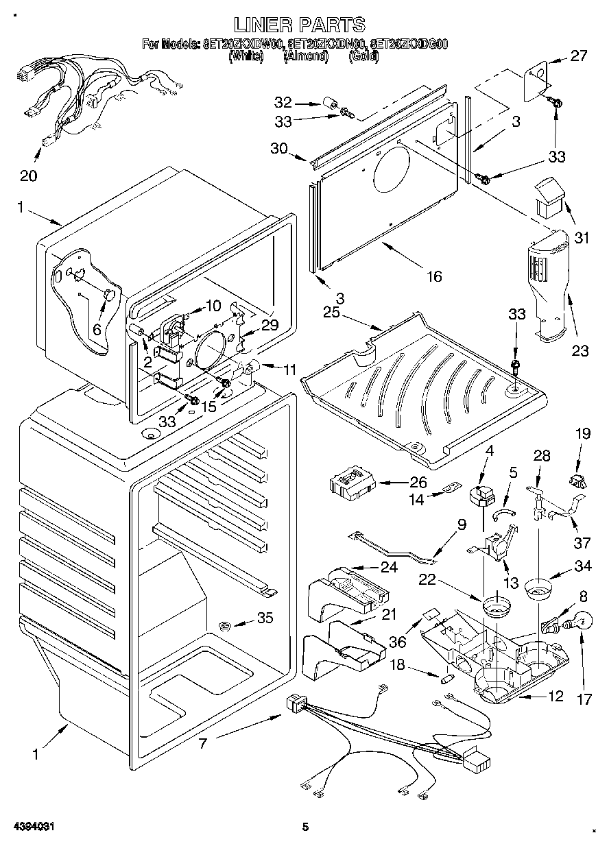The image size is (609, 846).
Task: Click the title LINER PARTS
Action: coord(299,25)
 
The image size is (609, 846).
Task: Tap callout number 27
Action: coord(579,56)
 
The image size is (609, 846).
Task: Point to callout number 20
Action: coord(28,176)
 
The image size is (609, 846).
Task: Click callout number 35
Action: coord(264,618)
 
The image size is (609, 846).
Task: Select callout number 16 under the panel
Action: coord(433,276)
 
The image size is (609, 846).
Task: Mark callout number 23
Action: coord(580,352)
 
